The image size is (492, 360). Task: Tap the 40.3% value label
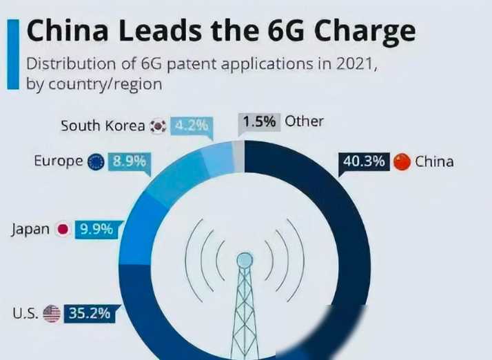363,161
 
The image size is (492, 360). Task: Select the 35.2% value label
88,313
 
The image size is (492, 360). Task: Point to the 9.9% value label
96,230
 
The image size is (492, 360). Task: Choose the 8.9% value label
129,161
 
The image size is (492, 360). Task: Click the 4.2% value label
190,126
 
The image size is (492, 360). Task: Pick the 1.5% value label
259,121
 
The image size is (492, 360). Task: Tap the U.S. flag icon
52,314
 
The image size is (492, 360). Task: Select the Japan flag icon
63,230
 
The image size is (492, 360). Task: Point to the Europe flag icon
96,161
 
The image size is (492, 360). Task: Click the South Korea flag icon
158,126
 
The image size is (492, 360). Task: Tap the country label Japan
30,230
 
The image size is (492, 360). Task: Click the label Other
304,121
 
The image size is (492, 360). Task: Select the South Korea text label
103,126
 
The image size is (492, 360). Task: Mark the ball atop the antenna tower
245,260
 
